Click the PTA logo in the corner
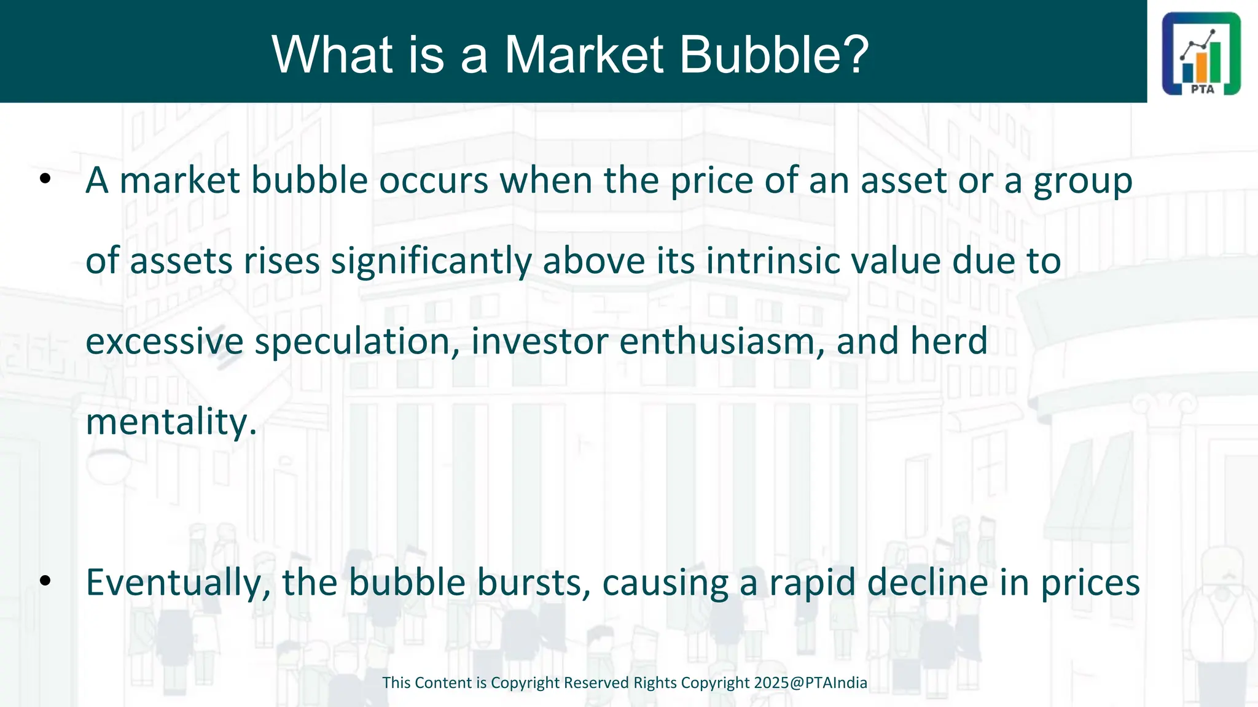pos(1201,53)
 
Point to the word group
pos(1083,182)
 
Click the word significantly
pos(431,261)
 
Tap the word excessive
pos(165,342)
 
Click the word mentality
pos(171,422)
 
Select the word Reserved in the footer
pos(592,683)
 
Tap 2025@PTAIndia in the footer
pos(811,683)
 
